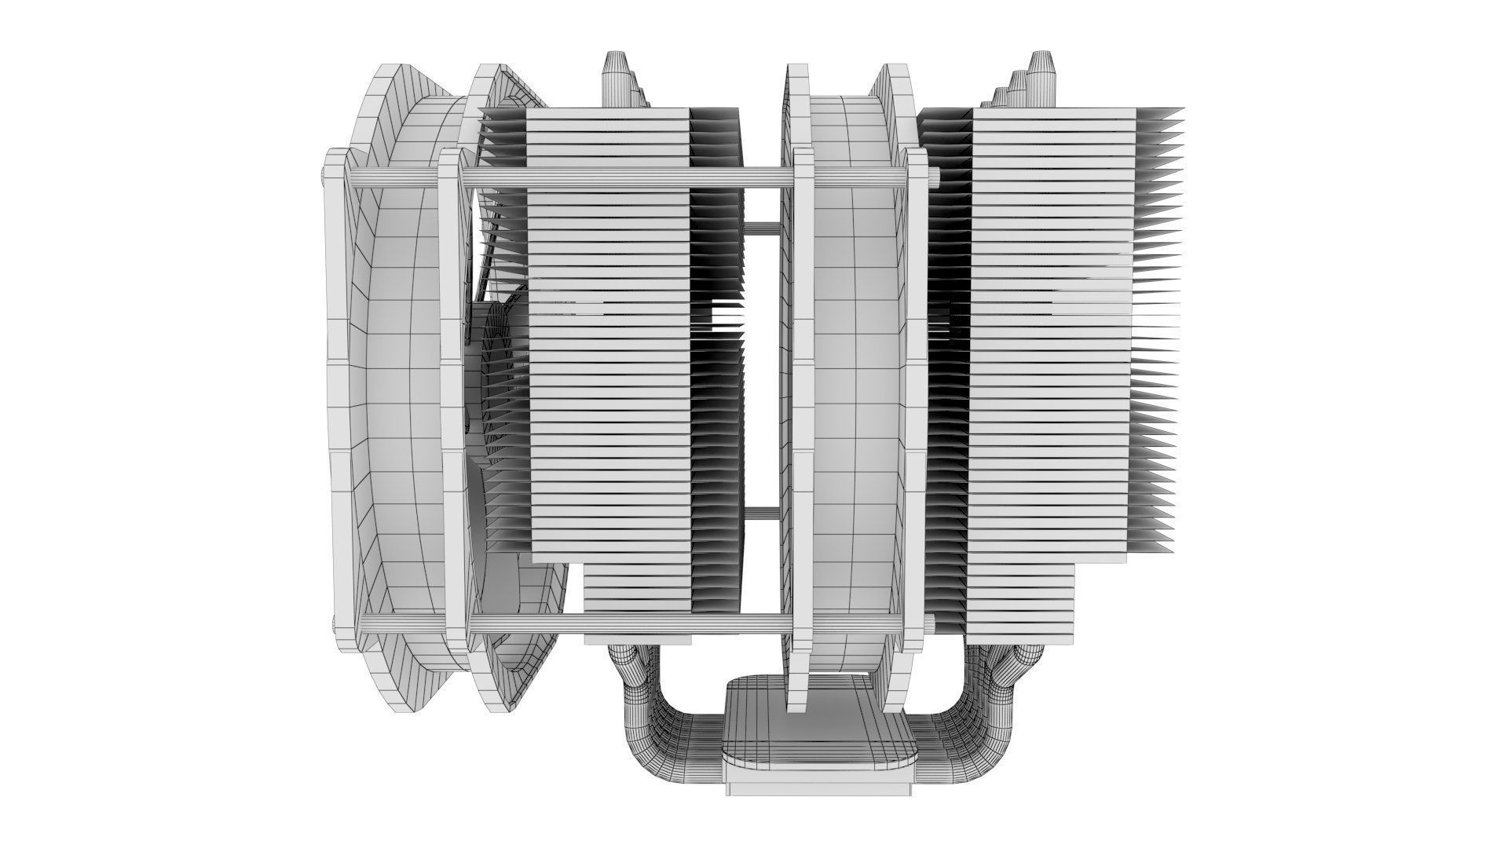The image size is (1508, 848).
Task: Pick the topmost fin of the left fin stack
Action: pyautogui.click(x=609, y=113)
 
